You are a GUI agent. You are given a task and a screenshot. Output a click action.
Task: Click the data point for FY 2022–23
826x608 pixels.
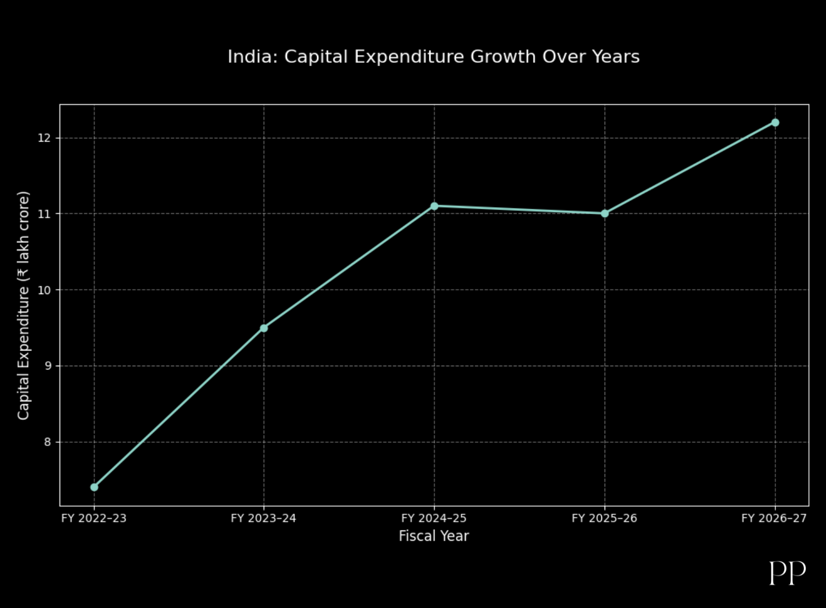94,487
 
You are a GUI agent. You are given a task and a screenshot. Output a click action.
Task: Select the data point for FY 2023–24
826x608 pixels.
264,328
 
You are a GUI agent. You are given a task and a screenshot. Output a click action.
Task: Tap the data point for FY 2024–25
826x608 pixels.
434,206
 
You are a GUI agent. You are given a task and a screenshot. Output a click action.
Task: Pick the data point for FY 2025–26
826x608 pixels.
605,213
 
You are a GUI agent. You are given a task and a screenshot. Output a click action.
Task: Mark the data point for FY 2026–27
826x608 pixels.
775,122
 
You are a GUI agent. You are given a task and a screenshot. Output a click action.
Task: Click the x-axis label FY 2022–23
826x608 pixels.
94,518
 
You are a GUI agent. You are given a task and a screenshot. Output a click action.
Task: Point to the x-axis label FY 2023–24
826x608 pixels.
264,518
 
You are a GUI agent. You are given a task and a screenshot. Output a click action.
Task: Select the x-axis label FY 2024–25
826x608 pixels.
434,518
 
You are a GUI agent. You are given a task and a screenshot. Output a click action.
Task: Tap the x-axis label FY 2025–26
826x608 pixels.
604,518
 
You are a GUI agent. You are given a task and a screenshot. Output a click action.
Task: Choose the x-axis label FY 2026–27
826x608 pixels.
774,518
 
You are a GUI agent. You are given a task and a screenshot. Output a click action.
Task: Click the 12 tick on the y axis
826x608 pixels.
44,138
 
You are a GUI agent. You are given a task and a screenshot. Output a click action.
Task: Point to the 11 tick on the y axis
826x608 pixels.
44,214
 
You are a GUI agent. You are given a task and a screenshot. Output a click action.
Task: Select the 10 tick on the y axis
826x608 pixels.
44,290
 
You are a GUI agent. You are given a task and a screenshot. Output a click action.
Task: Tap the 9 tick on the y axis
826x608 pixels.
47,366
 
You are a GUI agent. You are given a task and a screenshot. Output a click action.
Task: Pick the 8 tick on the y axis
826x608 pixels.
47,442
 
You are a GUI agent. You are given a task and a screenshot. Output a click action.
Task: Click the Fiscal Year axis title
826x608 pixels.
434,536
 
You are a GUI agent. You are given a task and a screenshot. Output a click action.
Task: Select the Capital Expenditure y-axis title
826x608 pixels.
23,306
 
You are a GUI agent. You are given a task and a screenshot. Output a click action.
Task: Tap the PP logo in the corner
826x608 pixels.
787,573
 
